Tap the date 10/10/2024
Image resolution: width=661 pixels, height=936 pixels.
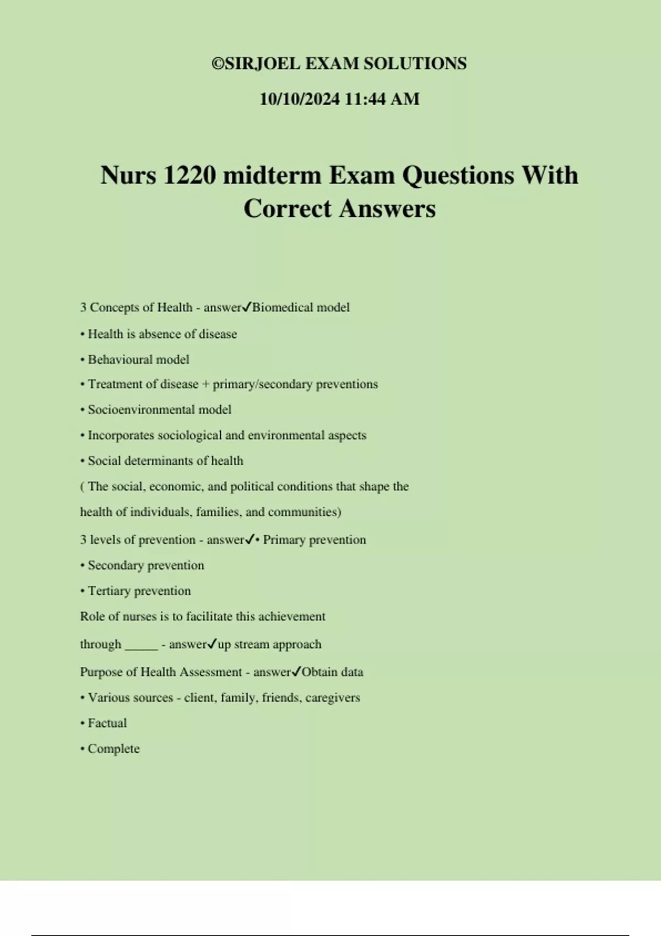click(300, 99)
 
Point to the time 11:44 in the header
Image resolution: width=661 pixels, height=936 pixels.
click(364, 99)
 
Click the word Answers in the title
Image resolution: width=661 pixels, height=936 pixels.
click(387, 209)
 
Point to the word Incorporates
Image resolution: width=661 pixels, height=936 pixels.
click(121, 436)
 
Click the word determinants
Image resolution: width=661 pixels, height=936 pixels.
click(159, 461)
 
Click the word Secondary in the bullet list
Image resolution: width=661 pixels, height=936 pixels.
click(115, 565)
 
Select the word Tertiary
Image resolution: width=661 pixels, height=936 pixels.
click(109, 591)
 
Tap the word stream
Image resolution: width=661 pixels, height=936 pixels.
click(252, 644)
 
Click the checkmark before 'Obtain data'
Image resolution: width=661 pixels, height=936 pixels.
click(296, 671)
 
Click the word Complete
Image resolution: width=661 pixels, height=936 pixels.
click(113, 749)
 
